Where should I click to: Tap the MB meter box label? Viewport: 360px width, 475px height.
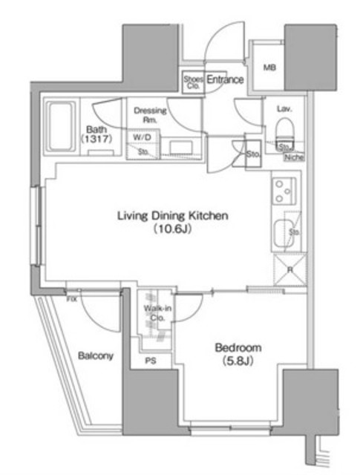(x=269, y=68)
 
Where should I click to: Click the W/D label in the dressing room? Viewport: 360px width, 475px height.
(x=142, y=137)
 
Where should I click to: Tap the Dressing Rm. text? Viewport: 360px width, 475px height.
(x=150, y=116)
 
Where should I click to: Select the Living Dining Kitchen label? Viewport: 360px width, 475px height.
(x=171, y=216)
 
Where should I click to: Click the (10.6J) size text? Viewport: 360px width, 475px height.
(x=172, y=230)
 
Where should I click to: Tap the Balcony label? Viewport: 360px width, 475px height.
(x=96, y=356)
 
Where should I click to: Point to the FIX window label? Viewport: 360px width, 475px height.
(x=71, y=299)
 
